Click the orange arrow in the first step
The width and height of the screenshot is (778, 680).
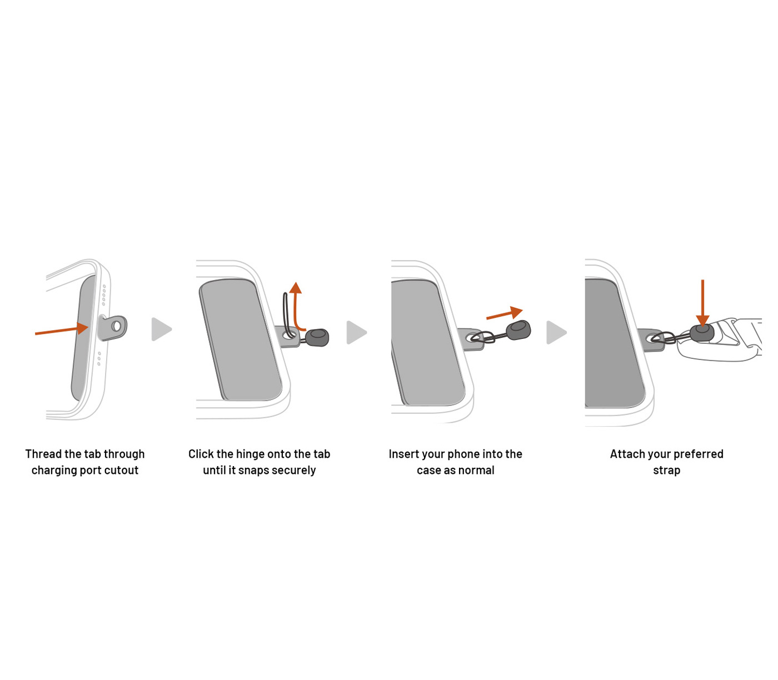tap(62, 329)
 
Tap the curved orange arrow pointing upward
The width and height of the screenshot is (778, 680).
tap(296, 308)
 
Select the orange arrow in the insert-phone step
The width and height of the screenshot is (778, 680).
tap(505, 313)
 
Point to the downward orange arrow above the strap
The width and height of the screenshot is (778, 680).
tap(702, 303)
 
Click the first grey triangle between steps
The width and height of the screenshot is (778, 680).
tap(161, 329)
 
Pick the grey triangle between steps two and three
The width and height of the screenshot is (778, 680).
tap(356, 332)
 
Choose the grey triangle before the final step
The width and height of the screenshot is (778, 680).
tap(556, 332)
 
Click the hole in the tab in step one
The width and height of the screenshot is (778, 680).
tap(116, 326)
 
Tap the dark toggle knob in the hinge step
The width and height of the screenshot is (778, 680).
tap(317, 338)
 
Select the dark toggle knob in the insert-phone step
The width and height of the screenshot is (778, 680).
tap(518, 330)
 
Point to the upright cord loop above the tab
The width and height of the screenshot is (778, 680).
tap(288, 315)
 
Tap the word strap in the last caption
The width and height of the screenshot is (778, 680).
tap(667, 471)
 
